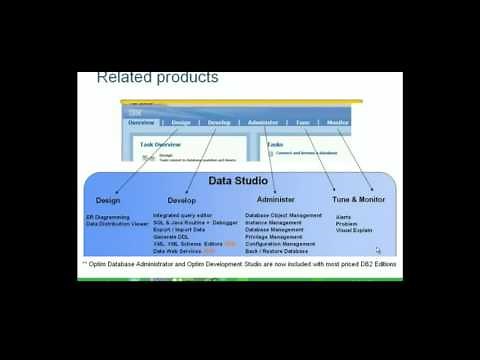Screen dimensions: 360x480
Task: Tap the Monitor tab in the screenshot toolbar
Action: pos(338,122)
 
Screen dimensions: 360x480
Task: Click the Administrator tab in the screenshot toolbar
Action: pos(262,122)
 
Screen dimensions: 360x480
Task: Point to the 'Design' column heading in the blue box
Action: pos(108,200)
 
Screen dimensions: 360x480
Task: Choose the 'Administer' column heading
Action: pos(275,200)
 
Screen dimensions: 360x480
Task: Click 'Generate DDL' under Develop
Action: pos(173,237)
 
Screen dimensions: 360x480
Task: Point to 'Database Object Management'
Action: pos(283,215)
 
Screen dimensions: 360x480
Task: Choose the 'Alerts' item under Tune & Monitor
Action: pos(343,216)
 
